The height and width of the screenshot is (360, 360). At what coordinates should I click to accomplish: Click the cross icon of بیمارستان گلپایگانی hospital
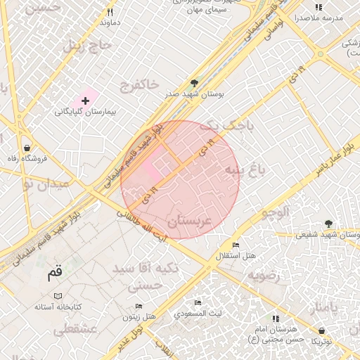point(86,101)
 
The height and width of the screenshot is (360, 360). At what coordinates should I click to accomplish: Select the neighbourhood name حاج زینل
point(89,47)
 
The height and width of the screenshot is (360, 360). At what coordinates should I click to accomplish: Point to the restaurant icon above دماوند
point(110,12)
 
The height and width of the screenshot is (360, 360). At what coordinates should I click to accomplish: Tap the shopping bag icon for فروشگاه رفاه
point(27,148)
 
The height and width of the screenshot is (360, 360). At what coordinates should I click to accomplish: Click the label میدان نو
point(46,184)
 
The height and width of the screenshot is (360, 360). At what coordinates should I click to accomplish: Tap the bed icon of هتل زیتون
point(139,307)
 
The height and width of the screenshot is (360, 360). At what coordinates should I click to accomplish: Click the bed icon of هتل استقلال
point(236,245)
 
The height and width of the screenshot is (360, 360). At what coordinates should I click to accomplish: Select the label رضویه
point(264,275)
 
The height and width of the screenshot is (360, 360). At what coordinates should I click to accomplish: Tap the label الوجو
point(275,211)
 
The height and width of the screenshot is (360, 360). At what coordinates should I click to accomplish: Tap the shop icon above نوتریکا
point(321,330)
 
